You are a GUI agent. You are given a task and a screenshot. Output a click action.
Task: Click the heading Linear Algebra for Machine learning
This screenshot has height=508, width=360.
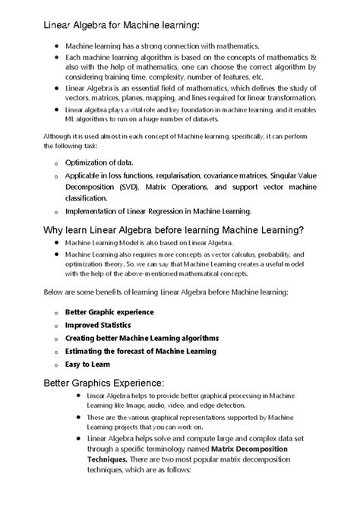pos(122,26)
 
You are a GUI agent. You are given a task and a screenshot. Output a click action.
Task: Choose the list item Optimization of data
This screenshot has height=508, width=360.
pos(99,163)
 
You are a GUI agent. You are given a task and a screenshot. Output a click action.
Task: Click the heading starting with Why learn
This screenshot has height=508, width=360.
pos(174,230)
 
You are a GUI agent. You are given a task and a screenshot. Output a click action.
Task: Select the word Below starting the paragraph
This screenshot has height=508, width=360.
pos(55,291)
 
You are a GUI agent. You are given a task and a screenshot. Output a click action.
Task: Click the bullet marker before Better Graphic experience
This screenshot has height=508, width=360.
pos(56,312)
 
